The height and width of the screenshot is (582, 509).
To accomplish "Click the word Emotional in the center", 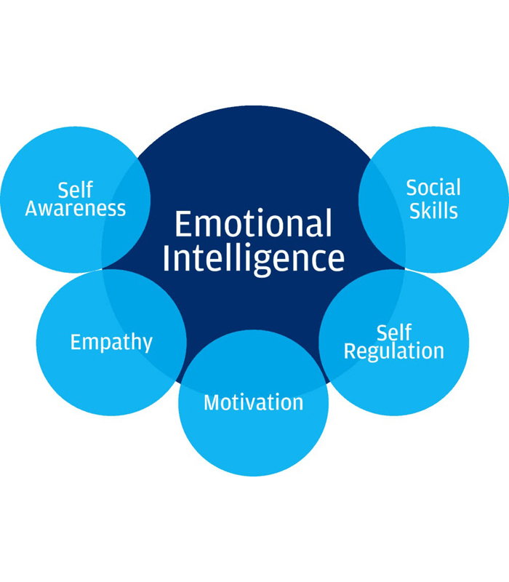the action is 253,223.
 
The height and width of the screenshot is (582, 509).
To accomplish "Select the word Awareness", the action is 76,208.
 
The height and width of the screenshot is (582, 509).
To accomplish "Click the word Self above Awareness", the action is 76,190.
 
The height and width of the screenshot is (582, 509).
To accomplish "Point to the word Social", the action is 433,188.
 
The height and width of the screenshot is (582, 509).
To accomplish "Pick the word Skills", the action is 433,210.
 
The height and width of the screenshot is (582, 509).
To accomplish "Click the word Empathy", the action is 111,342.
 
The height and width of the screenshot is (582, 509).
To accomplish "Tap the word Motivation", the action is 253,402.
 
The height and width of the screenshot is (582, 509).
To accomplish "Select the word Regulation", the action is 394,351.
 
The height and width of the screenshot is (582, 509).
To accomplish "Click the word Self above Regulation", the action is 394,332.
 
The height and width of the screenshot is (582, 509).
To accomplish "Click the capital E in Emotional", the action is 183,224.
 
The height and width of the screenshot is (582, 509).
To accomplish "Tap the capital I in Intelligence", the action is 167,258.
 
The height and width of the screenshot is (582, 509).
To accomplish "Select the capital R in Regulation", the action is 350,351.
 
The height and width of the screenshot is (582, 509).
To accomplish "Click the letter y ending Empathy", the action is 147,344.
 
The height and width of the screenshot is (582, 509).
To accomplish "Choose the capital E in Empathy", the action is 76,342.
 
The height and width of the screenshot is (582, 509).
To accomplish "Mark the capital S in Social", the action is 412,188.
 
